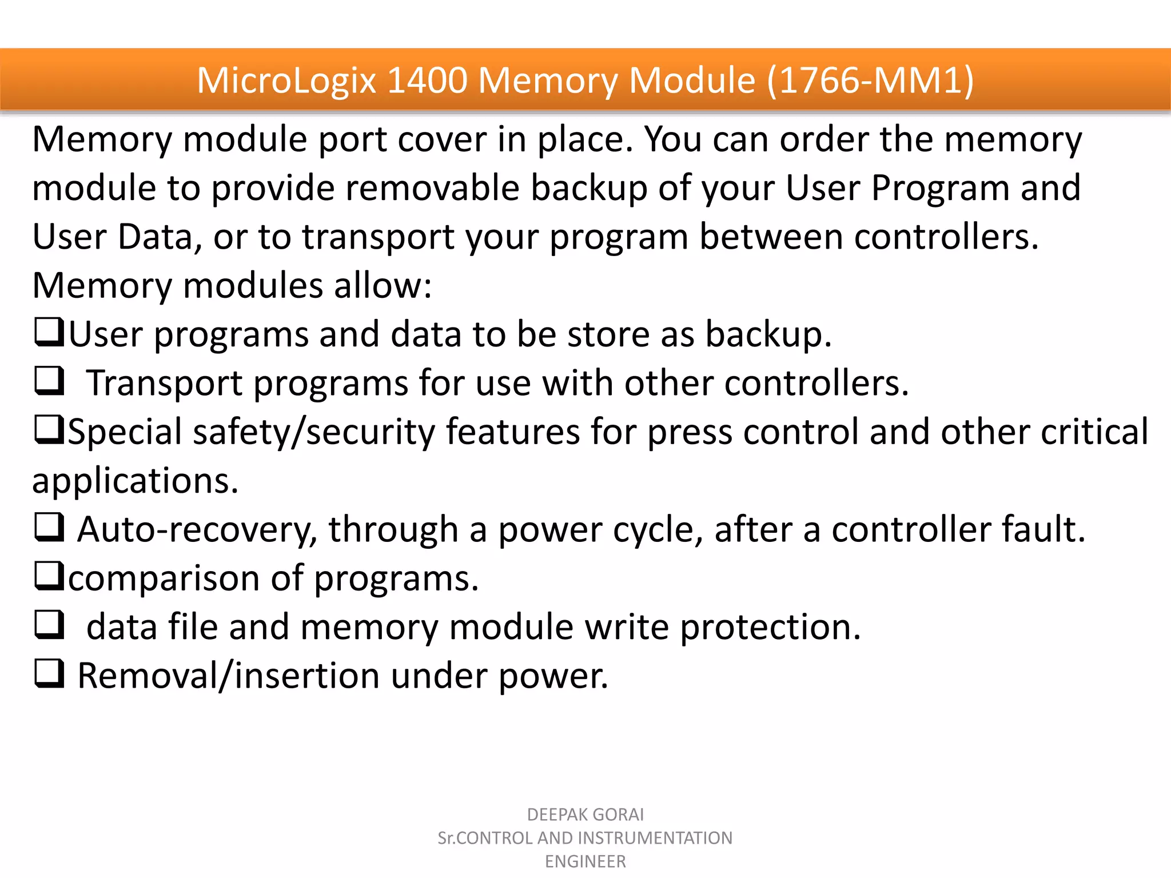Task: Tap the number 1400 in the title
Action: point(427,80)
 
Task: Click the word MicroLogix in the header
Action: point(286,80)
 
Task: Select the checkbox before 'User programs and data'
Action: point(49,332)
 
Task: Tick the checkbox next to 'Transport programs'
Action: point(49,381)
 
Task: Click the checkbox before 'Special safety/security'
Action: point(49,430)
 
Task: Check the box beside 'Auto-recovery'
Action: point(49,528)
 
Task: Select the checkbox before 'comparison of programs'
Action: point(49,576)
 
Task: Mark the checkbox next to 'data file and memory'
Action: point(49,625)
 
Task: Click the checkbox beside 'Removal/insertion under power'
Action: point(49,673)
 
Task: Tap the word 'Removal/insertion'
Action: point(228,676)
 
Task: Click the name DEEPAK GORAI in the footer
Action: point(585,815)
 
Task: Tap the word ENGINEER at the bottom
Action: point(585,861)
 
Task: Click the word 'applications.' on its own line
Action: point(135,481)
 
